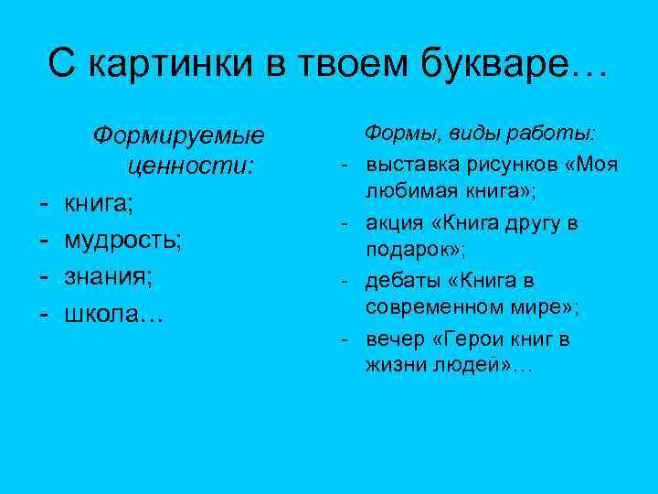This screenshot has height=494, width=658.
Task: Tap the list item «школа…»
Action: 112,313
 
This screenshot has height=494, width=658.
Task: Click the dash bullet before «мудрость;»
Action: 45,240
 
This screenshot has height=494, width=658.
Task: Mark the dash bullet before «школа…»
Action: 45,313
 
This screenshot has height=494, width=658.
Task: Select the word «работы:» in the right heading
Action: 562,134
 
